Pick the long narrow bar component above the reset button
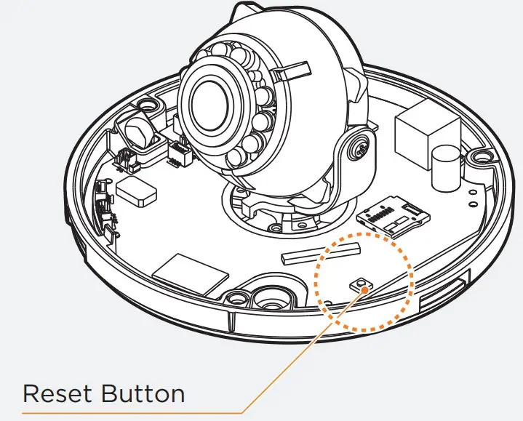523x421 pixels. [x=321, y=252]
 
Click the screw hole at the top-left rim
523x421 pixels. [x=150, y=106]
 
